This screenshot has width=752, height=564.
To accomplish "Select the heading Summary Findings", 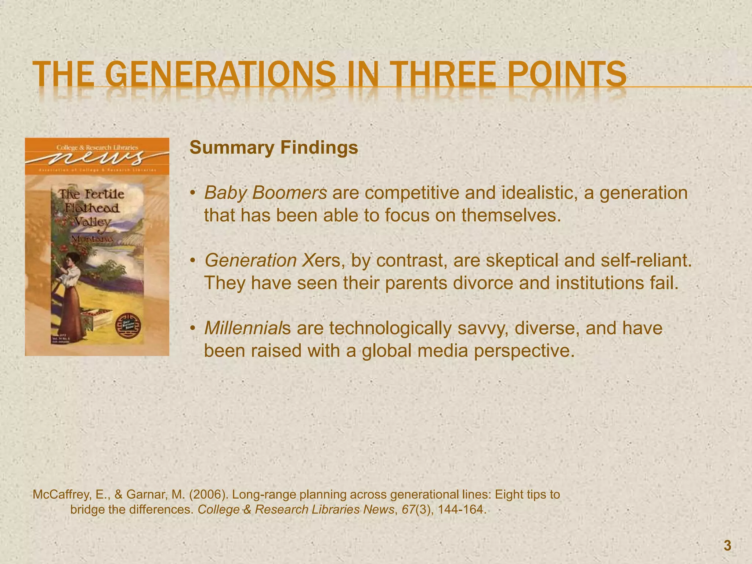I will coord(274,148).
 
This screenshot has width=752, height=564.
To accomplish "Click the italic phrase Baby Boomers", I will coord(265,193).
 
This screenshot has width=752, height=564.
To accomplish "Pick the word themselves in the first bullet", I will coord(511,216).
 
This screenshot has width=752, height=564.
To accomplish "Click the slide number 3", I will coord(727,546).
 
